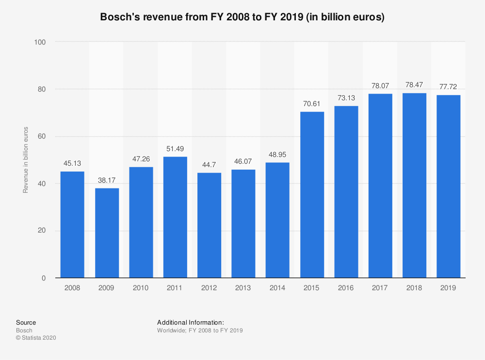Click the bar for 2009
click(107, 233)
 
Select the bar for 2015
click(312, 195)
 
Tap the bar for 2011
click(175, 217)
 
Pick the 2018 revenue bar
click(414, 185)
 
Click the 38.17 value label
click(107, 180)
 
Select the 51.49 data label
click(175, 149)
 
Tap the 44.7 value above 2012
click(209, 165)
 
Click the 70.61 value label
click(312, 104)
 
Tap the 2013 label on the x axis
click(243, 288)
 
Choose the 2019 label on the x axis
click(448, 288)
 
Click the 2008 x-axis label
click(72, 288)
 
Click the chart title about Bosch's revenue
click(242, 17)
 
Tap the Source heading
click(26, 322)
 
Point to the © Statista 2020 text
click(36, 338)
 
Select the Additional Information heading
click(190, 322)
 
